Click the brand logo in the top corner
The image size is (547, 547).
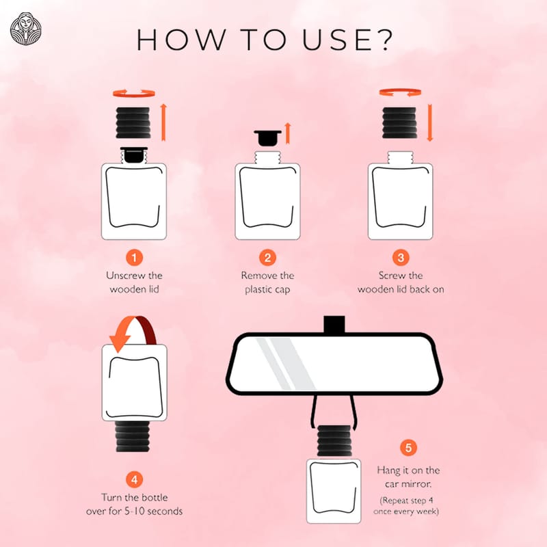25,29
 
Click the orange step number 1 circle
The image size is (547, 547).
134,258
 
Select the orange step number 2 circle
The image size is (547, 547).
267,258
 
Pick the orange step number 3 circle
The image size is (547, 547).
401,258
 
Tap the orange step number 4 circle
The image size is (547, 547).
134,480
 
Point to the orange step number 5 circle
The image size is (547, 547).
408,448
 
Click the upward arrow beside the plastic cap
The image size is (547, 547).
288,133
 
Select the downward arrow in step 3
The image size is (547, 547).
430,122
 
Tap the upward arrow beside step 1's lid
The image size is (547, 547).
163,122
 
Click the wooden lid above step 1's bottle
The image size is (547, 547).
133,123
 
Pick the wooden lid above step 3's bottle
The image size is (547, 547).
399,123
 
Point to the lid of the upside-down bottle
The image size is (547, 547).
133,436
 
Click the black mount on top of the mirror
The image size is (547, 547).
334,324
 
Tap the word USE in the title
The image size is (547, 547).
337,40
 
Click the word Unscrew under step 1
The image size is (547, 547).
124,276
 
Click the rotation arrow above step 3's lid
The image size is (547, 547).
400,92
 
